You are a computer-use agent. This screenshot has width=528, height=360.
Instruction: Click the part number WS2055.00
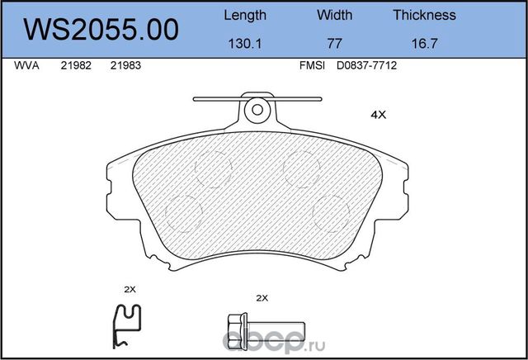(x=102, y=30)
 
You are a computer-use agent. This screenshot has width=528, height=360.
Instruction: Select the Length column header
(x=245, y=15)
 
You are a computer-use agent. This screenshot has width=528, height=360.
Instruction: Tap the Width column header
(x=334, y=15)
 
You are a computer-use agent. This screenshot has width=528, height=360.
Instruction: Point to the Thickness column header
(x=424, y=15)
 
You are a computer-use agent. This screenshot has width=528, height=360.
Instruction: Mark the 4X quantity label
(x=379, y=116)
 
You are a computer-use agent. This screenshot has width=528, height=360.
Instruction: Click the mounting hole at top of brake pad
(x=257, y=108)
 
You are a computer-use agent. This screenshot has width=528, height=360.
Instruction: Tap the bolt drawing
(x=262, y=323)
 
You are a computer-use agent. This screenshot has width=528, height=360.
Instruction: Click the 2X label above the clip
(x=129, y=289)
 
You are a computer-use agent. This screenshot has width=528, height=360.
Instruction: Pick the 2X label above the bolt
(x=263, y=297)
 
